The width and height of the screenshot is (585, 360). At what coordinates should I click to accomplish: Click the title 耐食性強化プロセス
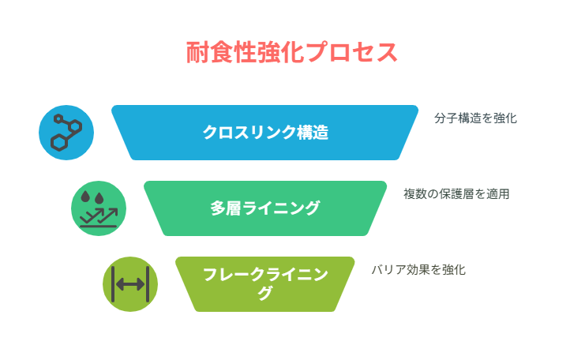(x=292, y=52)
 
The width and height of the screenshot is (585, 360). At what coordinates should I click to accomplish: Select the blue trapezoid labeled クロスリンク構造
(x=265, y=133)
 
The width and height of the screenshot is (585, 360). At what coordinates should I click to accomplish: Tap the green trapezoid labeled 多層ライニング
(x=265, y=208)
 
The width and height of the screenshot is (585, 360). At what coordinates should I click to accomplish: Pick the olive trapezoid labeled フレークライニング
(x=265, y=284)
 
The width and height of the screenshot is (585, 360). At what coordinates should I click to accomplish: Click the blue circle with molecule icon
(x=66, y=133)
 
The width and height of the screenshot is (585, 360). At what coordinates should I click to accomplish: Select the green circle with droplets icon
(x=99, y=208)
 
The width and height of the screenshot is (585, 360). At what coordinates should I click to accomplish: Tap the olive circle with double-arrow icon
(x=130, y=284)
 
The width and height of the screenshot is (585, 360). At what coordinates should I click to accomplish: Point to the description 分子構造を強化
(x=475, y=118)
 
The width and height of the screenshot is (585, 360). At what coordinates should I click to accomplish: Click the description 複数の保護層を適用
(x=456, y=194)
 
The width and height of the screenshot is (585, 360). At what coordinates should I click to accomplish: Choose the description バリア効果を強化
(x=418, y=270)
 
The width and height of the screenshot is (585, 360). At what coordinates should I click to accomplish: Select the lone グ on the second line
(x=265, y=293)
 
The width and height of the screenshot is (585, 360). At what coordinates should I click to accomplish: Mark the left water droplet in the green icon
(x=85, y=197)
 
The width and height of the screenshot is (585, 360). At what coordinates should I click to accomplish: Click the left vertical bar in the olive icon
(x=113, y=284)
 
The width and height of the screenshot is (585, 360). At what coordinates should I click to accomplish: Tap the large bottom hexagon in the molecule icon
(x=59, y=143)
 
